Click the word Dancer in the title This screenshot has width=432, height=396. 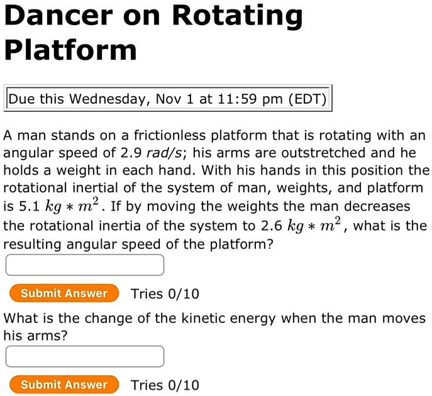(58, 15)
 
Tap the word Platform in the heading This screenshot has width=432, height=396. (70, 50)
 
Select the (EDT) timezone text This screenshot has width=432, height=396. (307, 99)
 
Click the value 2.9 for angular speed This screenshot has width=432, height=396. (131, 153)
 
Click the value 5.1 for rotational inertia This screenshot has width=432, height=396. (29, 206)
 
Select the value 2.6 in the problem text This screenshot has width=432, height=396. (272, 226)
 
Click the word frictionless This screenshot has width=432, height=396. (170, 136)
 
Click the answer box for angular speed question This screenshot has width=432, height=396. (85, 265)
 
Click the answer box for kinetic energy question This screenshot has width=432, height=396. (85, 356)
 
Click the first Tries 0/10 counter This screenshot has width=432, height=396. (165, 294)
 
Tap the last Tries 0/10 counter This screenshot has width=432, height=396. (165, 385)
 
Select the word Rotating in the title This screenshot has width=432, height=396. (237, 16)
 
